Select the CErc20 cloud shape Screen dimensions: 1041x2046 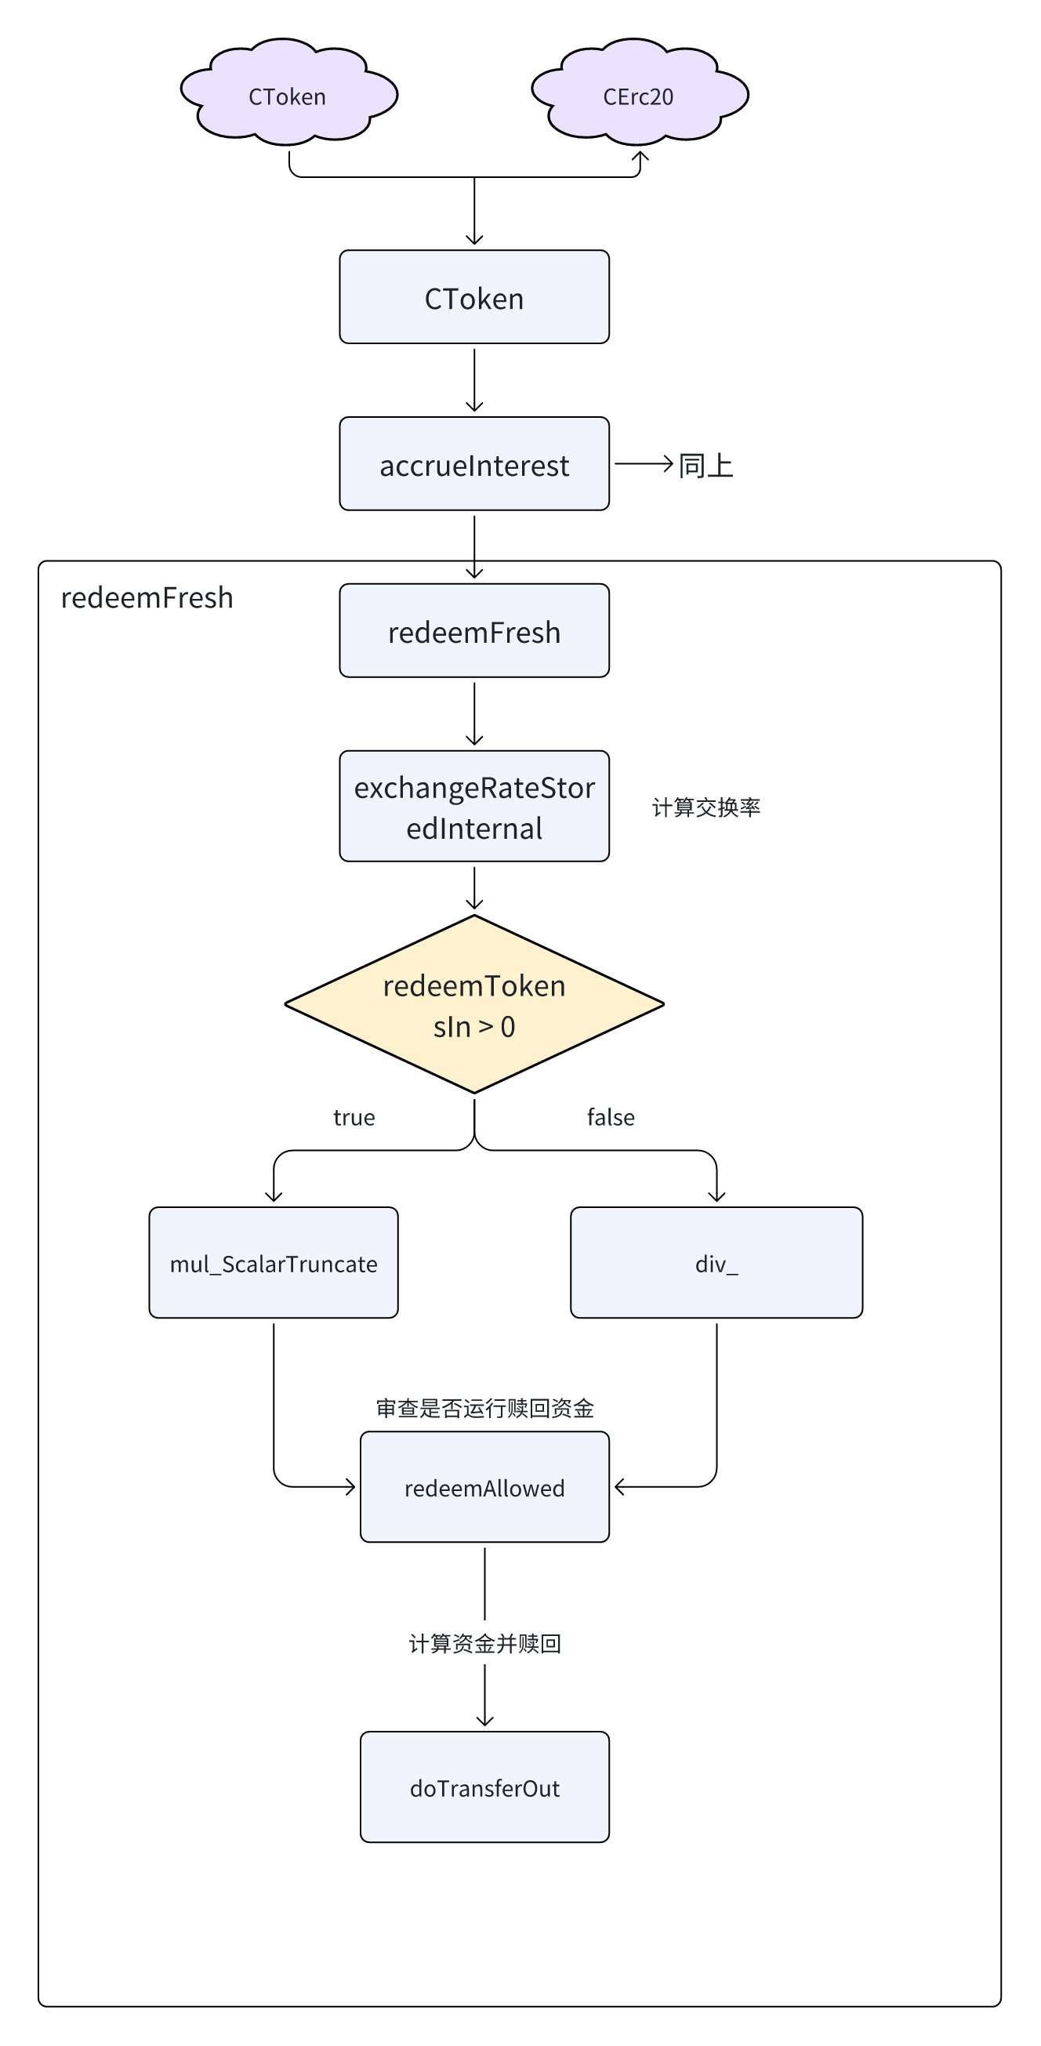639,93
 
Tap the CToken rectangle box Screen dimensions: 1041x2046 474,297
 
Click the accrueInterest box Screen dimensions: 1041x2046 474,464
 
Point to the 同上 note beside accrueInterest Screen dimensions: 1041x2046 705,466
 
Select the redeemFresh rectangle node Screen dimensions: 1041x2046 474,630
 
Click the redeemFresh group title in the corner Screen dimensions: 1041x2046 147,597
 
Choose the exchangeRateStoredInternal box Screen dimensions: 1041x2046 474,806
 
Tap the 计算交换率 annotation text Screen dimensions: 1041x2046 706,807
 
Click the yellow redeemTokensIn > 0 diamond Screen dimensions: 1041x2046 474,1005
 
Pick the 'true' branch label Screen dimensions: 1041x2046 354,1118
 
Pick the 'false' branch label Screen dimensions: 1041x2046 611,1118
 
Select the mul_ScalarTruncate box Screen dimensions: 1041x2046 273,1263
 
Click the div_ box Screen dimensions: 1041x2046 716,1263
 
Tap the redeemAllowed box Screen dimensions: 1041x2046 484,1487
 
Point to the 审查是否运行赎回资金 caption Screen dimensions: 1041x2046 484,1408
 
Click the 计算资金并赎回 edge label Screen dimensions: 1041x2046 484,1643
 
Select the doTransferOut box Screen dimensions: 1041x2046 484,1787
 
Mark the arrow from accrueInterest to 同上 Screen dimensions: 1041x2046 644,464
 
